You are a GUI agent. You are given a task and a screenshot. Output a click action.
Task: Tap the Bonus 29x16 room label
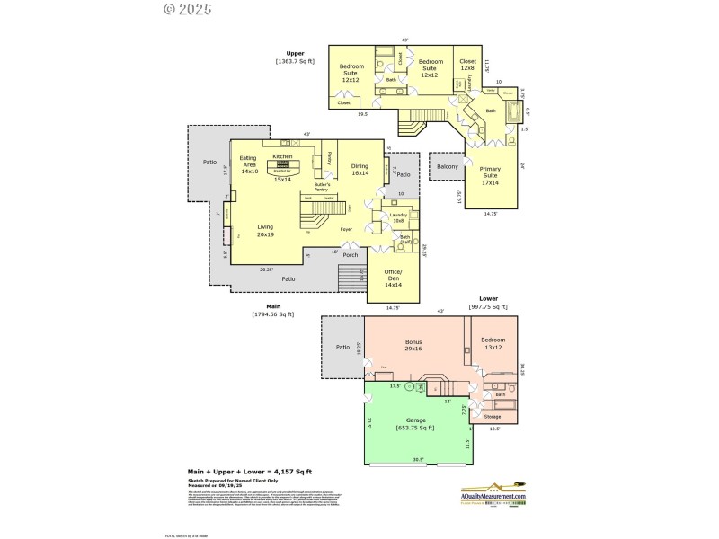414,346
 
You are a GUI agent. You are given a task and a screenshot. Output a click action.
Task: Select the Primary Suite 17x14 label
490,176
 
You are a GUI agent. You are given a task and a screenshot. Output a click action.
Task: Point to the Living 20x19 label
265,230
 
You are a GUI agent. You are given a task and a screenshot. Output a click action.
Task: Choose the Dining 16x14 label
359,169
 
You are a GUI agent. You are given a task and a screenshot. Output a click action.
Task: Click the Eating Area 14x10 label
248,164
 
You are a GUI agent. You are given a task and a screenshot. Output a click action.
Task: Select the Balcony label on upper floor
448,166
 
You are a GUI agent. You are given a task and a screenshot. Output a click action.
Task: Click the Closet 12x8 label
467,65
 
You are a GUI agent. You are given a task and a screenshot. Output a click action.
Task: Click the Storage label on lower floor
492,416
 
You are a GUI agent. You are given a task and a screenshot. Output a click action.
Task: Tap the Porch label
349,254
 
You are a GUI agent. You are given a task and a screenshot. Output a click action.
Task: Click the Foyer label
346,230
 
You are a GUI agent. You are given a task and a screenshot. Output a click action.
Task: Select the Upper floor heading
295,53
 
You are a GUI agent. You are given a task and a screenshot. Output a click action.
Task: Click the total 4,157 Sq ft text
249,471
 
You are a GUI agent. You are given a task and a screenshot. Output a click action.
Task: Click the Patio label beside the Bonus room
342,347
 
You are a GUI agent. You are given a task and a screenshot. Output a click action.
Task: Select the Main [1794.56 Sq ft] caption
274,310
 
